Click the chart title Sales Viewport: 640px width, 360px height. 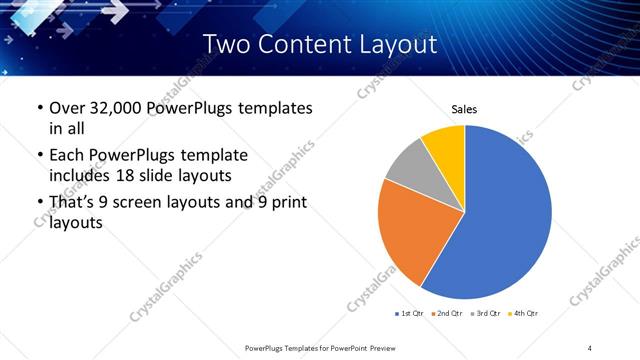coord(464,108)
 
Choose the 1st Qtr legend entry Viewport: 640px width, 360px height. coord(411,314)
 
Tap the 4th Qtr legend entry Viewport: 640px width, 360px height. coord(525,314)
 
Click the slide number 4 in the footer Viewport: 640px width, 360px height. coord(590,347)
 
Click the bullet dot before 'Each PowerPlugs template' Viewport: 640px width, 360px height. coord(39,156)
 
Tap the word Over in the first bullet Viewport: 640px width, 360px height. coord(67,108)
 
